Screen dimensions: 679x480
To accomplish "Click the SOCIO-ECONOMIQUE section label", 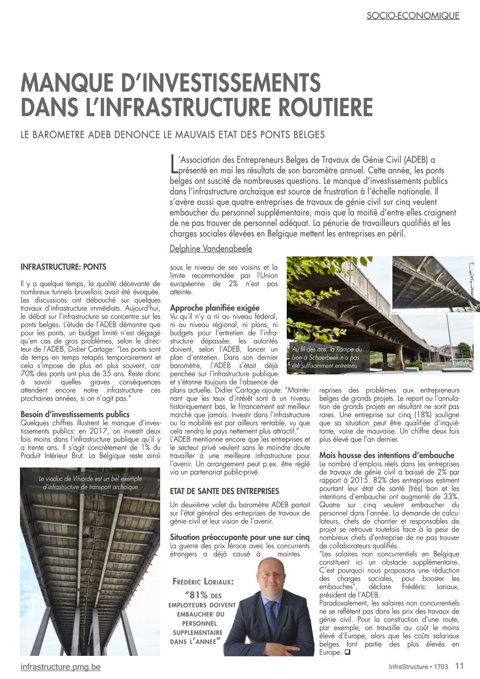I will [413, 15].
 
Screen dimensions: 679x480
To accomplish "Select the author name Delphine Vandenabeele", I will [211, 248].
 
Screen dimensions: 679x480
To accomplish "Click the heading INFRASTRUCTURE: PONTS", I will [64, 267].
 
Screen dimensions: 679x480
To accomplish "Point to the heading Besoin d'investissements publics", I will [75, 414].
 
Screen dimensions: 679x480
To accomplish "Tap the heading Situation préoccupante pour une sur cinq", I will [240, 537].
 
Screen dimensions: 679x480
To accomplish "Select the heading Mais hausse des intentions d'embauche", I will [387, 455].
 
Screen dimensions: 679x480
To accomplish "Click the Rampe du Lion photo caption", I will [327, 357].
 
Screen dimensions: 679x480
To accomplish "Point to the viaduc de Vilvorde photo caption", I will [90, 482].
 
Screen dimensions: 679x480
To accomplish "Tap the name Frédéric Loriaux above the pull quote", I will [203, 581].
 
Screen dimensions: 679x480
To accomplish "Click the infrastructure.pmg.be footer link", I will [61, 667].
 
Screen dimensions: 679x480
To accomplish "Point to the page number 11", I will [460, 666].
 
